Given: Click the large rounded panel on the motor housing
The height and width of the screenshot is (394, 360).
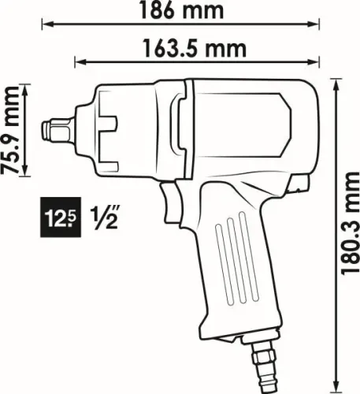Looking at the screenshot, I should (x=243, y=126).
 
